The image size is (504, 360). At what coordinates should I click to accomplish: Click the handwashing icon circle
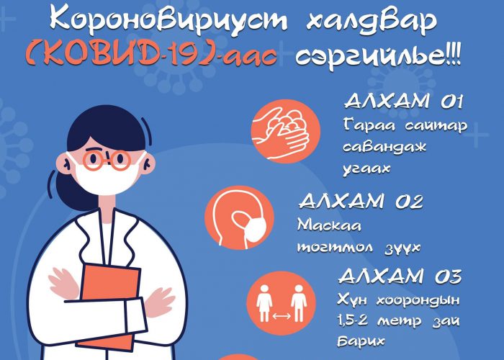[x=285, y=131]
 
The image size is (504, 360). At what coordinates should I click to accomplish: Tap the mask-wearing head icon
[x=240, y=217]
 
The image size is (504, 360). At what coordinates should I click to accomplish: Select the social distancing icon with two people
[x=282, y=303]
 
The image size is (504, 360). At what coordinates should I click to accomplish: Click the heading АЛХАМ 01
[x=403, y=102]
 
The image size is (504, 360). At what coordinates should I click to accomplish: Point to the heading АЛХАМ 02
[x=361, y=201]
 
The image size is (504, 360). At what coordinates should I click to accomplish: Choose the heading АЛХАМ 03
[x=400, y=276]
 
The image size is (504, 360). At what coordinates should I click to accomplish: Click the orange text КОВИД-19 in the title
[x=124, y=55]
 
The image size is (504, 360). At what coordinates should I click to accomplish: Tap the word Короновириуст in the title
[x=168, y=20]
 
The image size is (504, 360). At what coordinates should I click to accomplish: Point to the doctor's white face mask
[x=106, y=175]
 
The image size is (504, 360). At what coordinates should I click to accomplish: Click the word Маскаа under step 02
[x=329, y=225]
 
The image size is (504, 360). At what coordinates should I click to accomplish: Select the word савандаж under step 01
[x=384, y=147]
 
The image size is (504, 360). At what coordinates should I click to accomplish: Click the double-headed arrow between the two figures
[x=282, y=317]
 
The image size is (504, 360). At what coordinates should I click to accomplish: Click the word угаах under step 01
[x=366, y=168]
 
